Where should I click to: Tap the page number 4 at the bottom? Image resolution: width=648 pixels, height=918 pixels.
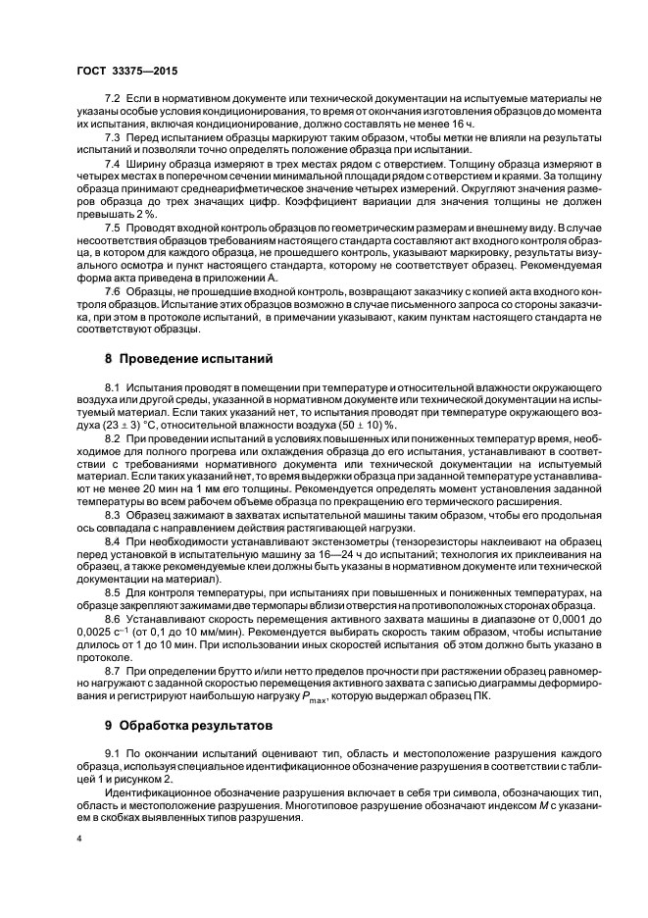(x=80, y=841)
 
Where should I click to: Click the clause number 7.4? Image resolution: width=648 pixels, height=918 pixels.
(x=113, y=162)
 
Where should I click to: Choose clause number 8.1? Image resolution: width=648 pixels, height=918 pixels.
(x=113, y=391)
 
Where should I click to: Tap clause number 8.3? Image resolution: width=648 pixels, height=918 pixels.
(x=113, y=514)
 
